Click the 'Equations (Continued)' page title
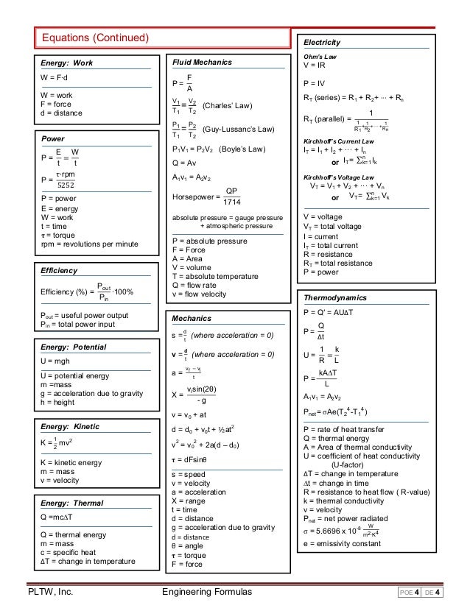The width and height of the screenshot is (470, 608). (x=95, y=38)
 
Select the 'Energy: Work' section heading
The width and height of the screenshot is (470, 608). (x=66, y=63)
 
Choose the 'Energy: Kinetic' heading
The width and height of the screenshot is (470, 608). (x=71, y=427)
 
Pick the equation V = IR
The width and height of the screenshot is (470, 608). (x=317, y=66)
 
